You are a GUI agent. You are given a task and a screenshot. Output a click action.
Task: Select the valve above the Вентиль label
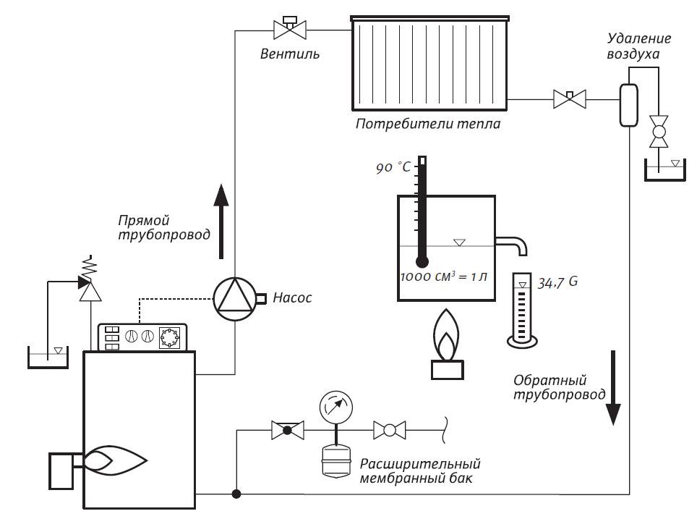[290, 29]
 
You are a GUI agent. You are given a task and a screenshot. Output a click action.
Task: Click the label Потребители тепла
[428, 124]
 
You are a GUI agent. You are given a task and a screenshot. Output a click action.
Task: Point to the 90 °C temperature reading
[393, 168]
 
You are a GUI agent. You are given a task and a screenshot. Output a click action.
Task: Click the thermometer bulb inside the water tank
[423, 260]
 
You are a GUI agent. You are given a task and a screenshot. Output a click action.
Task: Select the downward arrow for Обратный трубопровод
[613, 387]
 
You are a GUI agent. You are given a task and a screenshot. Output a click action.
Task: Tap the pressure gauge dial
[335, 406]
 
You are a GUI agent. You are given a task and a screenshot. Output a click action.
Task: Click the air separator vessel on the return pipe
[627, 105]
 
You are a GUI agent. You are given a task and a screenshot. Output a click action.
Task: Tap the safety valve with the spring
[89, 287]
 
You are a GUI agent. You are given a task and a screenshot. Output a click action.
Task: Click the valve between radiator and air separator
[569, 98]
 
